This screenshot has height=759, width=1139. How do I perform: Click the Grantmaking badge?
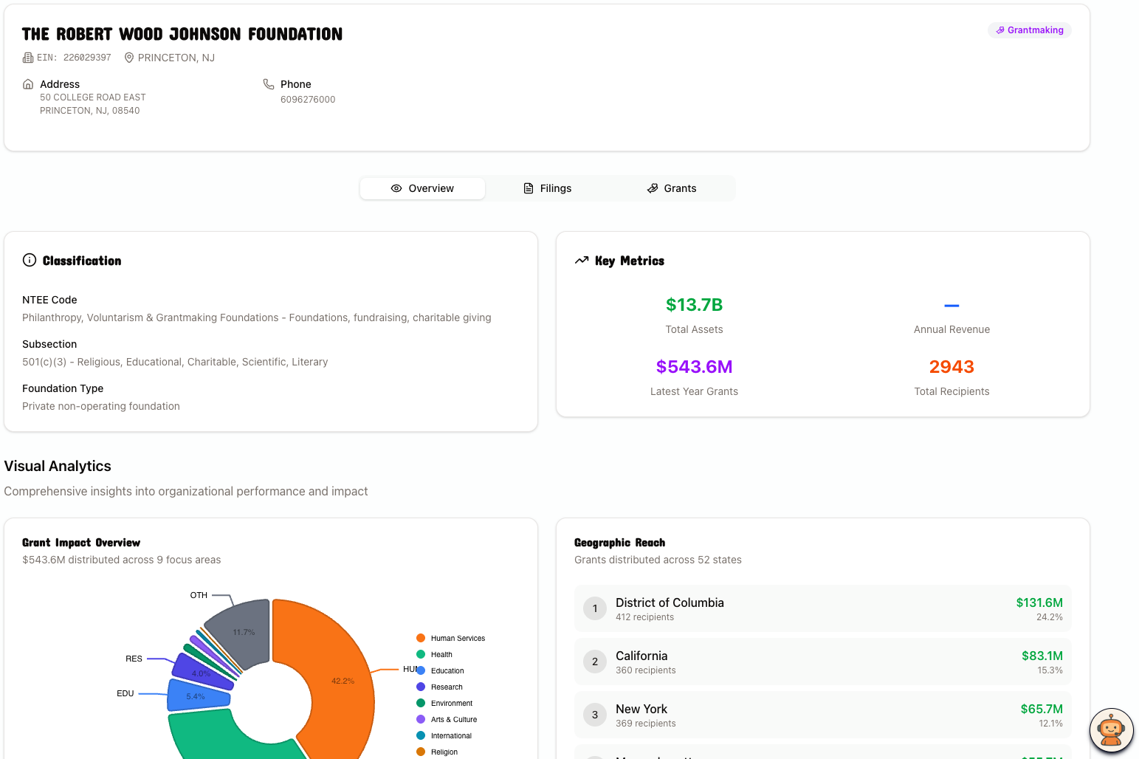[1029, 30]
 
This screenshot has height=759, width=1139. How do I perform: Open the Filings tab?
[548, 188]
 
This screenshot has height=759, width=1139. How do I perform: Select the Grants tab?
[672, 188]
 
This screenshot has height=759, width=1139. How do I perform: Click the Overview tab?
[422, 188]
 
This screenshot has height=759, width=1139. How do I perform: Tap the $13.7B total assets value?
[694, 305]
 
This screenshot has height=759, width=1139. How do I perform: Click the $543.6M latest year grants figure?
[694, 367]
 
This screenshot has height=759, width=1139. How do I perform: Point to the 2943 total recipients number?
[951, 367]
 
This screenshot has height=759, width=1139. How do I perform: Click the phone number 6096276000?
[308, 100]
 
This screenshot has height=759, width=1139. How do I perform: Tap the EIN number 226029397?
[86, 58]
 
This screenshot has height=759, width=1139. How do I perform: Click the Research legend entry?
[446, 687]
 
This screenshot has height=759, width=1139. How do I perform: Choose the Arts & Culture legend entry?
[453, 720]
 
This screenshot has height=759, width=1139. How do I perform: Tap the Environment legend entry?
[451, 704]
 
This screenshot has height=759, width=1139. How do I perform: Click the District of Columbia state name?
[670, 602]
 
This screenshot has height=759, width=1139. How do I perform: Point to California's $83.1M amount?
[1042, 656]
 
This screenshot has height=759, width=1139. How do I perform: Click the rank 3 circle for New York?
[595, 715]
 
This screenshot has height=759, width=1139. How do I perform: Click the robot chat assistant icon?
[1111, 730]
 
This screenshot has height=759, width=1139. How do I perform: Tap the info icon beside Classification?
[30, 260]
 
